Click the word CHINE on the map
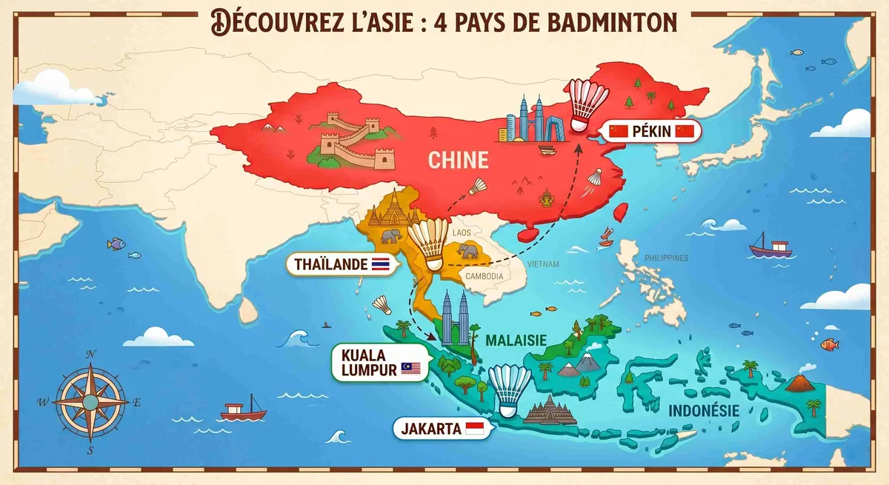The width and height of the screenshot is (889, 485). pos(459,160)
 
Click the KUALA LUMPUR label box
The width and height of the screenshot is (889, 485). pos(379,361)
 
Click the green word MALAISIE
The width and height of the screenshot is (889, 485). pos(516,340)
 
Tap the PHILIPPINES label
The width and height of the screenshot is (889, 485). pos(666,258)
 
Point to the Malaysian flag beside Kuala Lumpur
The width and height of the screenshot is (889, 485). pos(410,368)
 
